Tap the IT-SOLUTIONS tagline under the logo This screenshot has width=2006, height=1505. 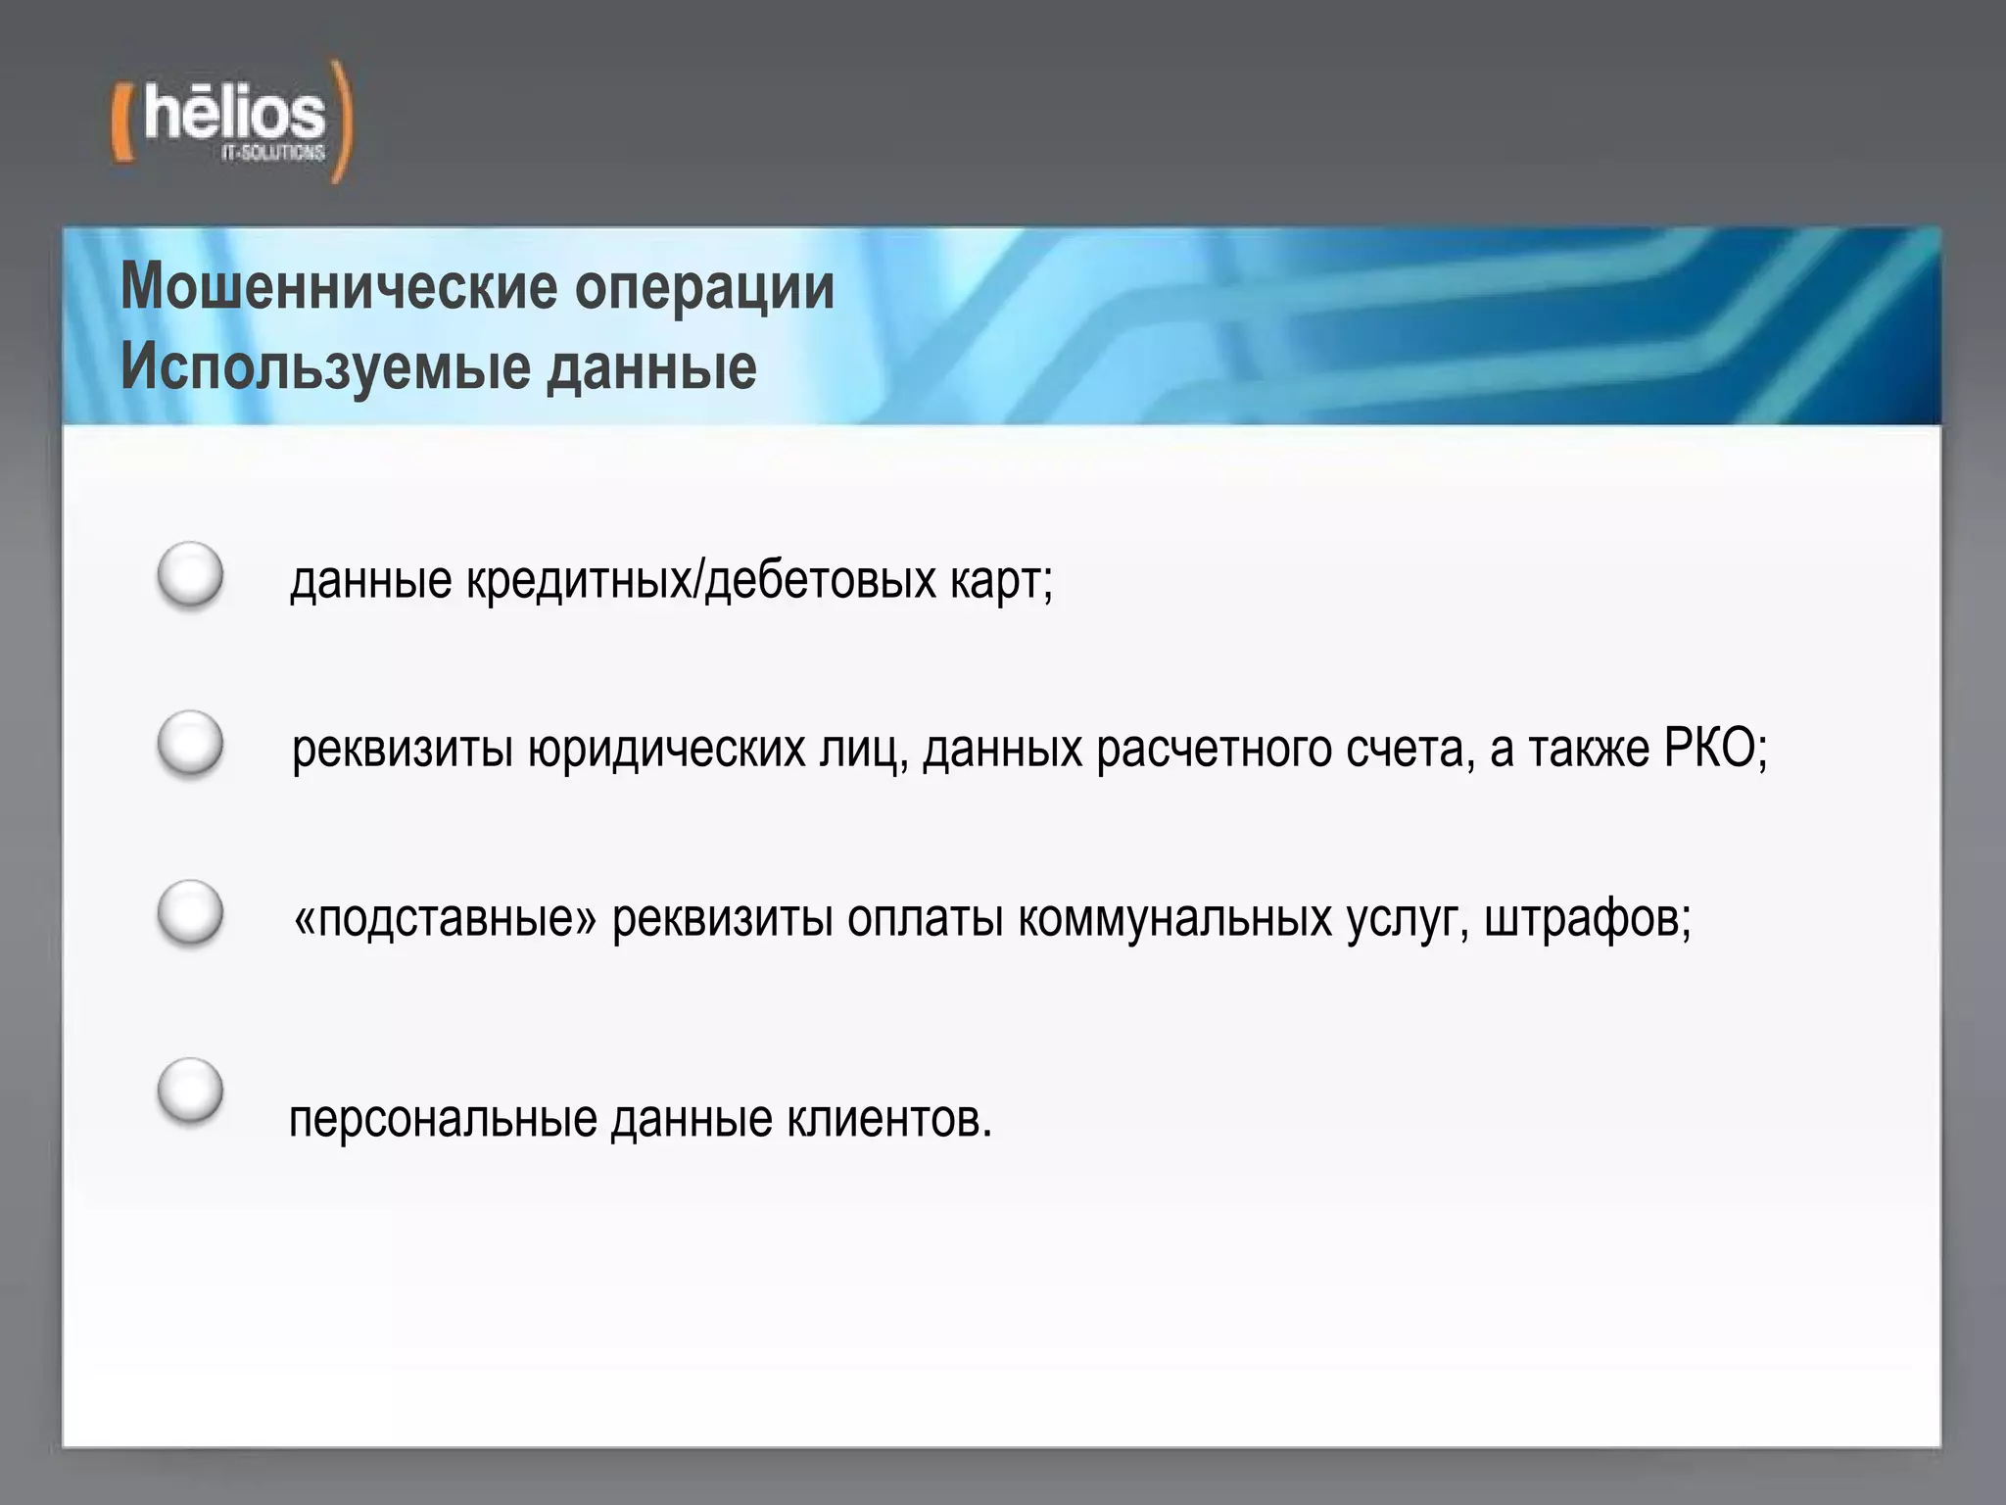click(x=272, y=154)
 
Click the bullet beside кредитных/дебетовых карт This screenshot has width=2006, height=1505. click(x=190, y=575)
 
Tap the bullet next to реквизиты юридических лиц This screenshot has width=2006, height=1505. click(x=190, y=745)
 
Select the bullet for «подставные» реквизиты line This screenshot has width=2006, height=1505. click(x=190, y=914)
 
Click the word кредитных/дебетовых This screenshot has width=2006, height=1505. click(x=700, y=581)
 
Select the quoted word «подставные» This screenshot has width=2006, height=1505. click(x=446, y=920)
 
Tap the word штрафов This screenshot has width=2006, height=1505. click(x=1587, y=920)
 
